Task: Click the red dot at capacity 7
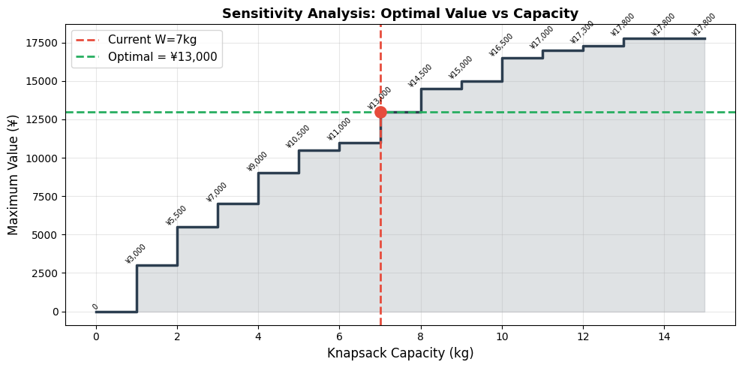[x=380, y=112]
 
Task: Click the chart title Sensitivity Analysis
[x=400, y=14]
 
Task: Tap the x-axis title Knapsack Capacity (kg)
[x=400, y=353]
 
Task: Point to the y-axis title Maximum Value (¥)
[x=14, y=174]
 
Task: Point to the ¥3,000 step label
[x=136, y=254]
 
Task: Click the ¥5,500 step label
[x=176, y=216]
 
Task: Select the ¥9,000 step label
[x=257, y=161]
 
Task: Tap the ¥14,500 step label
[x=420, y=76]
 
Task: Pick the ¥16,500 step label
[x=502, y=45]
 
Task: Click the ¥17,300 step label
[x=582, y=32]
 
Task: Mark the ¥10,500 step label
[x=298, y=137]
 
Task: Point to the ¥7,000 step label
[x=217, y=192]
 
